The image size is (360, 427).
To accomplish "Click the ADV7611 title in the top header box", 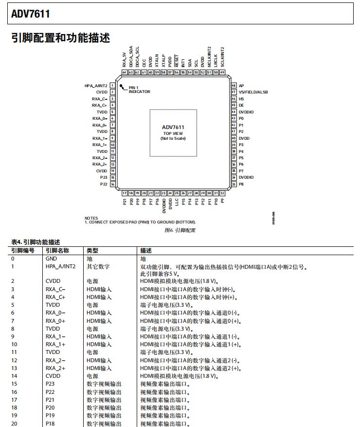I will click(x=30, y=14).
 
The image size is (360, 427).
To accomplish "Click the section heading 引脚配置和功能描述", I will click(x=60, y=37).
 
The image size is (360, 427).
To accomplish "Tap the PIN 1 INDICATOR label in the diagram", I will click(x=139, y=90).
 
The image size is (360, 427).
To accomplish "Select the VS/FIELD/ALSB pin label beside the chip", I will click(x=253, y=92).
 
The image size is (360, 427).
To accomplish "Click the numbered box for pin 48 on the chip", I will click(x=234, y=85).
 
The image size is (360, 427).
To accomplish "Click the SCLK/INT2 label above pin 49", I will click(x=222, y=56).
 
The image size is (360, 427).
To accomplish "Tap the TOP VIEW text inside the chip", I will click(x=173, y=133).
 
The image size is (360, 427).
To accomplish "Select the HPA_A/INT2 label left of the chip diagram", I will click(x=96, y=85).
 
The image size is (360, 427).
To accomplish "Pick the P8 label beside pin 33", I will click(x=241, y=184).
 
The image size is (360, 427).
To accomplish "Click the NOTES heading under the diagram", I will click(x=91, y=218).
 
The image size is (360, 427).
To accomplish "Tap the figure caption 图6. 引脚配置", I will click(x=180, y=230).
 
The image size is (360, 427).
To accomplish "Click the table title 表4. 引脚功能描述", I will click(x=36, y=242).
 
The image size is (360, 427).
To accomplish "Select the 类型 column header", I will click(x=92, y=250).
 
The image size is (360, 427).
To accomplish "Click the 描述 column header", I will click(x=145, y=250).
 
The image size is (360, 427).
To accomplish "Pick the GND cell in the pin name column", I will click(x=51, y=259).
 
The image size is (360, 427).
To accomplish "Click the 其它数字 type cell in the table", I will click(x=98, y=266).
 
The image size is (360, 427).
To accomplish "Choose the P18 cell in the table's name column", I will click(x=51, y=424).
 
